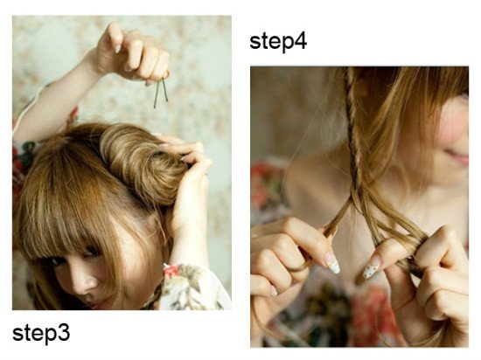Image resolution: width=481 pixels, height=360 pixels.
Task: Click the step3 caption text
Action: click(41, 334)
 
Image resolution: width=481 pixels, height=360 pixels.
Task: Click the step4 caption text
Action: click(278, 41)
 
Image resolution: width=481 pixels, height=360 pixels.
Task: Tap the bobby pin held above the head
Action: click(161, 93)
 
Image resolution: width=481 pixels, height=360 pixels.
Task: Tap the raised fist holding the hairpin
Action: click(134, 53)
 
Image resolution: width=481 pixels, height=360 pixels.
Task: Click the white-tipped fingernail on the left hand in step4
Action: click(332, 263)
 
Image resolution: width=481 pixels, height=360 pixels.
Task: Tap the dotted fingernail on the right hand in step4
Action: click(372, 267)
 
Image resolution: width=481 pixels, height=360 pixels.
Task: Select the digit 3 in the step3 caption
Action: click(64, 333)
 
